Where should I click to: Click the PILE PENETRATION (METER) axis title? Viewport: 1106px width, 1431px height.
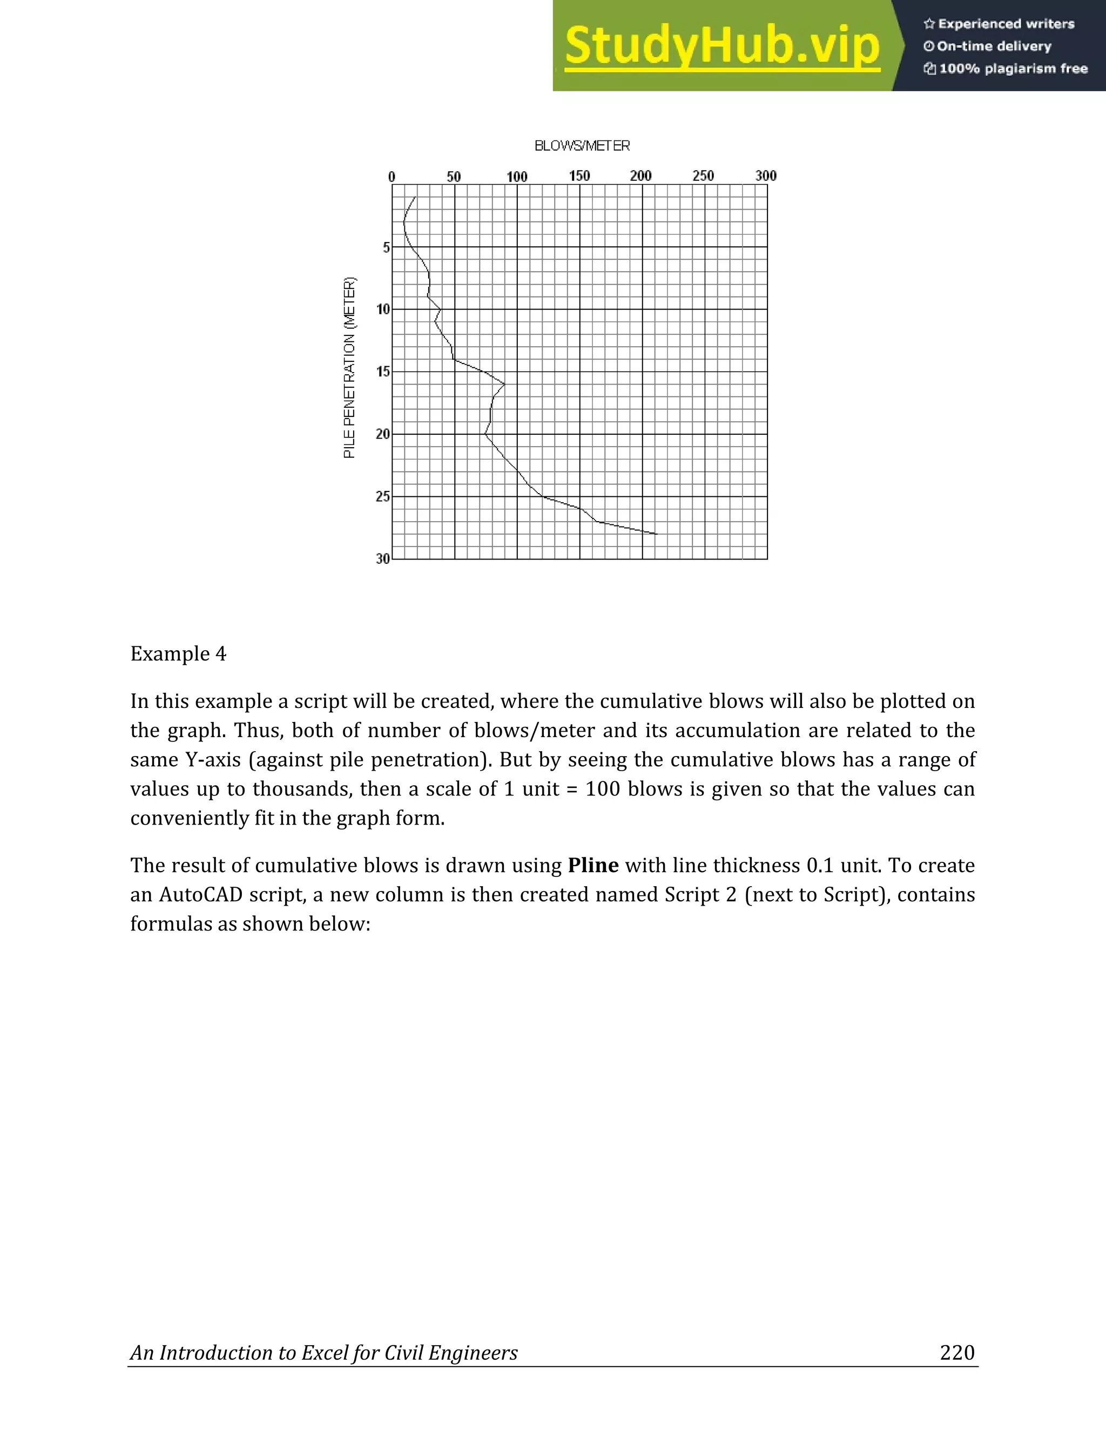point(350,368)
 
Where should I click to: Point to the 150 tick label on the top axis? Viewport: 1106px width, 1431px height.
point(579,175)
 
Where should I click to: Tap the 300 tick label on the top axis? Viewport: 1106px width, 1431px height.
point(766,175)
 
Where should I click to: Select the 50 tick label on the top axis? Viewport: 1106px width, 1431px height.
point(454,176)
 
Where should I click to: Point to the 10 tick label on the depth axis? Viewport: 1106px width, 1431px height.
point(383,309)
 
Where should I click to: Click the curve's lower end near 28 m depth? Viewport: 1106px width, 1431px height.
point(656,534)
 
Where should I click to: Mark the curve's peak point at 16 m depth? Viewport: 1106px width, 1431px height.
point(504,384)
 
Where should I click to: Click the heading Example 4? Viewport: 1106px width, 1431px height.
point(178,654)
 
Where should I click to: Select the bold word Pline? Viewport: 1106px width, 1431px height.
point(593,866)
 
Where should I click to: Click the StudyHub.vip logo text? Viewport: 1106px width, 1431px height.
point(722,46)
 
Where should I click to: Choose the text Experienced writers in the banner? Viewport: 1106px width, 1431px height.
point(1006,24)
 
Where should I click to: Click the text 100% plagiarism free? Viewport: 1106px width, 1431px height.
point(1013,69)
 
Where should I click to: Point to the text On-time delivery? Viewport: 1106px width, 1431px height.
point(994,46)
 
